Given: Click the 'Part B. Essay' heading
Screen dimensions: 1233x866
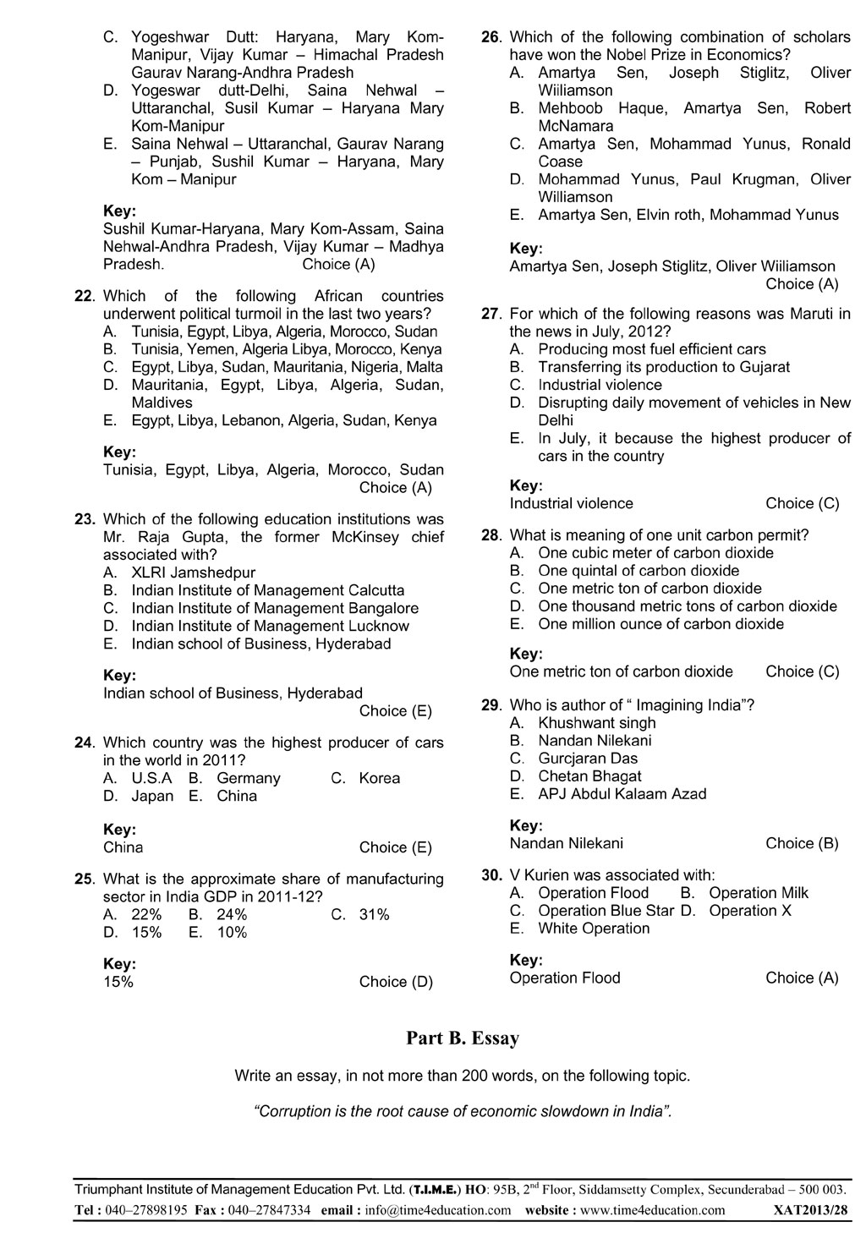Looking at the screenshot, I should click(x=463, y=1038).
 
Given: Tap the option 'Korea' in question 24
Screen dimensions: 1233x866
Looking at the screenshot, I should click(x=379, y=778).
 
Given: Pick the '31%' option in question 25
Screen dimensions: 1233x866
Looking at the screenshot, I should click(x=374, y=914).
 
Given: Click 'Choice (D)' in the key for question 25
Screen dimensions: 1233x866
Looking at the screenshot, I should click(x=396, y=982).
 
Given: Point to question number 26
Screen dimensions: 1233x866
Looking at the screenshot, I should click(x=491, y=37).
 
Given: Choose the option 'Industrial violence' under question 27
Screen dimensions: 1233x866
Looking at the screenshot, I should click(x=600, y=385).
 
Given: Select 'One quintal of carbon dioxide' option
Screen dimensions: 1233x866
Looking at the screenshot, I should click(x=639, y=571).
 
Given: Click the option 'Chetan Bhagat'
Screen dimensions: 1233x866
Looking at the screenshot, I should click(x=589, y=776).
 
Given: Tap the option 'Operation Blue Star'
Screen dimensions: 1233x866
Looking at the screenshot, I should click(x=606, y=911).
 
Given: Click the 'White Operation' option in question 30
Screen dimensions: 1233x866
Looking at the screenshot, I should click(x=594, y=929).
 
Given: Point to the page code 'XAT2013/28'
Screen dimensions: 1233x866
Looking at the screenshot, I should click(x=810, y=1210).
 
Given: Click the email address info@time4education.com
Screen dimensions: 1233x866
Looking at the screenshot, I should click(x=438, y=1210).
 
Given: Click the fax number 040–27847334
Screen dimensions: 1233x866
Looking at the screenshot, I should click(x=266, y=1210).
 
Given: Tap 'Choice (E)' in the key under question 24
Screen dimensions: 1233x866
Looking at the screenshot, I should click(x=396, y=847).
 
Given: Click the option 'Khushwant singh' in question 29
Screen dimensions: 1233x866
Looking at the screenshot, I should click(x=596, y=723).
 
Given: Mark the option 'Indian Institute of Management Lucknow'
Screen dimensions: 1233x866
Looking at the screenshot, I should click(x=270, y=626).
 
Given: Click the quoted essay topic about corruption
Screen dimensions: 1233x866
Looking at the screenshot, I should click(x=463, y=1111).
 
